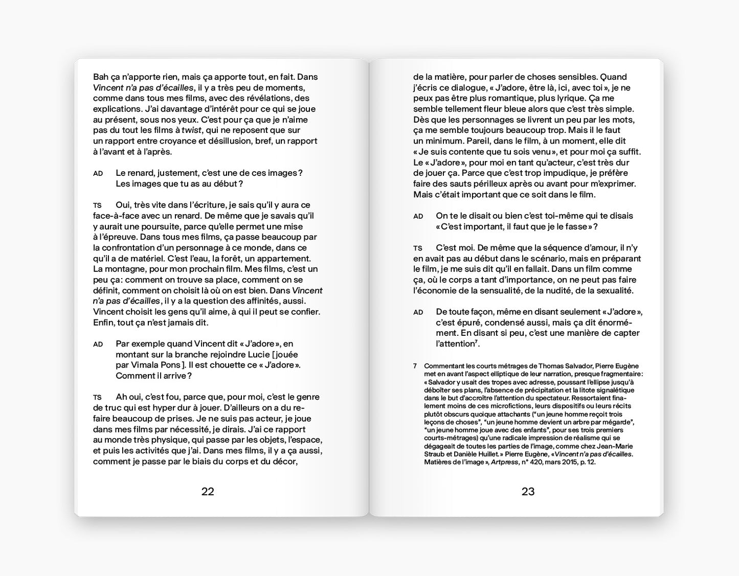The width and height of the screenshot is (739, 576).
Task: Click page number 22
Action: [x=208, y=492]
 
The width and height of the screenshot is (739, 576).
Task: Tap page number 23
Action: [x=528, y=492]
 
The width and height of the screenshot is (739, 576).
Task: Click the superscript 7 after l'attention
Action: [x=475, y=341]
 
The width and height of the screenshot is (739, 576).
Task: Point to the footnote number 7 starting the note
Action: [x=415, y=366]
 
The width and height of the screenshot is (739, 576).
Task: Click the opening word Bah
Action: [x=101, y=77]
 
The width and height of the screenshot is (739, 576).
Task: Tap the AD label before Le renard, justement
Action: [x=98, y=174]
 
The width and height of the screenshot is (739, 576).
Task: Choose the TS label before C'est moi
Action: [x=418, y=248]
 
